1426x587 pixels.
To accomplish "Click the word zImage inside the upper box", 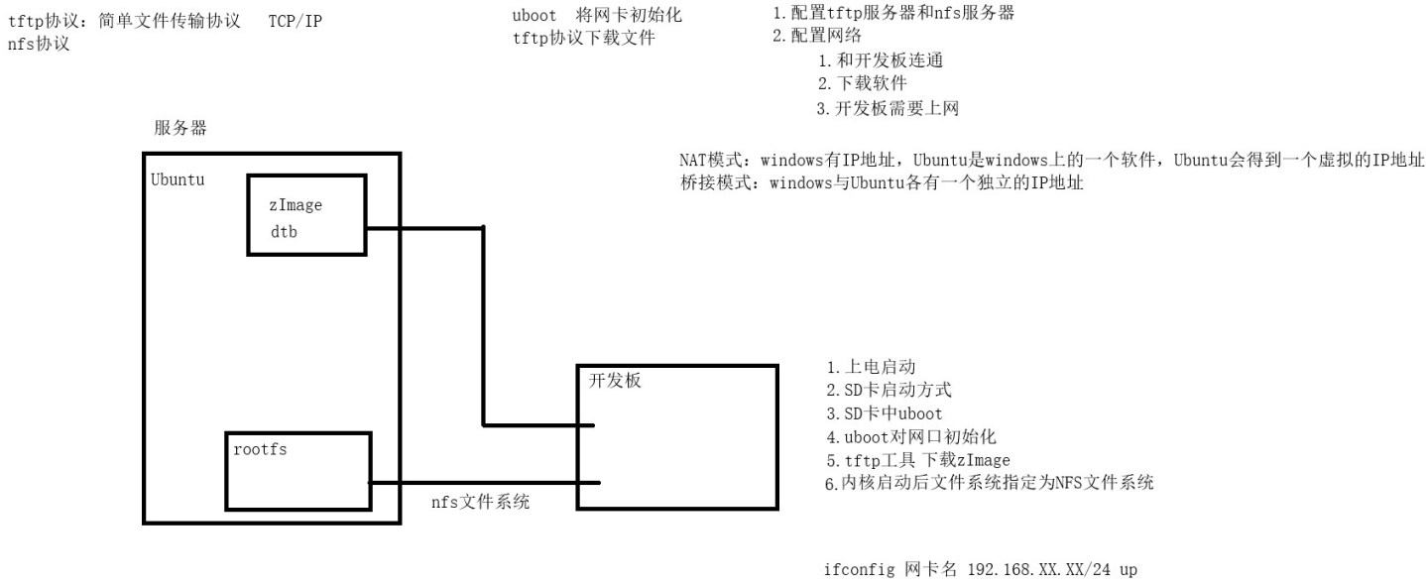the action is tap(296, 206).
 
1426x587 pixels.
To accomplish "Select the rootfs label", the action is tap(261, 448).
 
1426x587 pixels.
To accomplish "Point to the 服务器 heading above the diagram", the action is tap(180, 129).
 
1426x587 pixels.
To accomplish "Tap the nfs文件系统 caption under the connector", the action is tap(480, 503).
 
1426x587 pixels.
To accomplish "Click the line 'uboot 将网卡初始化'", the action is tap(597, 17).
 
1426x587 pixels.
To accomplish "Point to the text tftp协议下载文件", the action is tap(583, 39).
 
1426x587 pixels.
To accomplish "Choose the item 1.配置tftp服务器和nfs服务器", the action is tap(892, 14).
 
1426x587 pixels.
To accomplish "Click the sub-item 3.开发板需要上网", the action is tap(888, 108).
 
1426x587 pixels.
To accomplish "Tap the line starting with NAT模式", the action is tap(1051, 162).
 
